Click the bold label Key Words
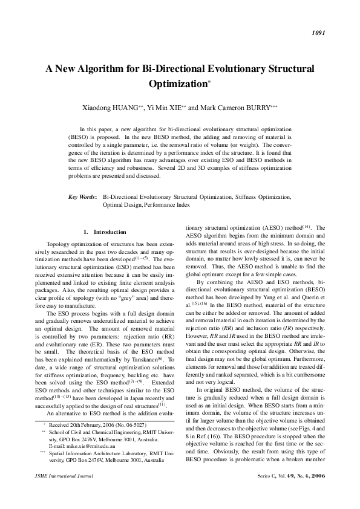click(82, 197)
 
